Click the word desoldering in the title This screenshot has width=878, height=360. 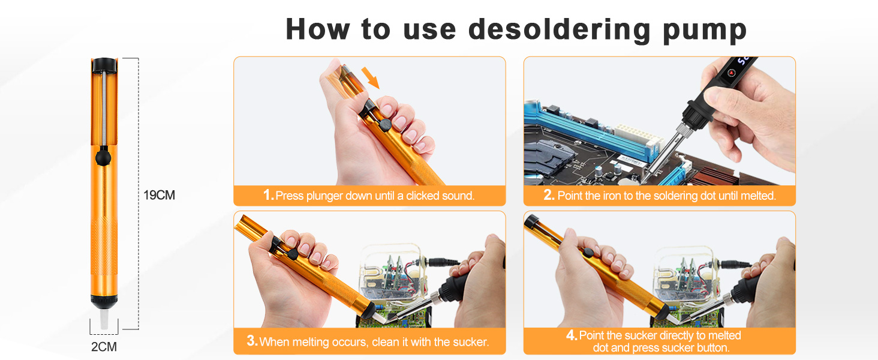point(560,29)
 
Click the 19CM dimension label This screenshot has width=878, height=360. point(159,195)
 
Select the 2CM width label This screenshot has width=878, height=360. point(104,347)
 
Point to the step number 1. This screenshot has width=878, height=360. point(268,196)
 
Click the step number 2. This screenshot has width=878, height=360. point(549,196)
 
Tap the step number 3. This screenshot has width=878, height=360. point(252,342)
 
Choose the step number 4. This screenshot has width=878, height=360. point(571,335)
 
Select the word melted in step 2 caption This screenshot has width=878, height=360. point(755,196)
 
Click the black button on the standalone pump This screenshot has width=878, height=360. point(103,158)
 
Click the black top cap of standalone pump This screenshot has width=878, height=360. point(104,63)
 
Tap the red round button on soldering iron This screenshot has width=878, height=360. point(731,73)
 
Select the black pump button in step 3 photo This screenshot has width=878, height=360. point(293,254)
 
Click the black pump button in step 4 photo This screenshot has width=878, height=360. point(590,253)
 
